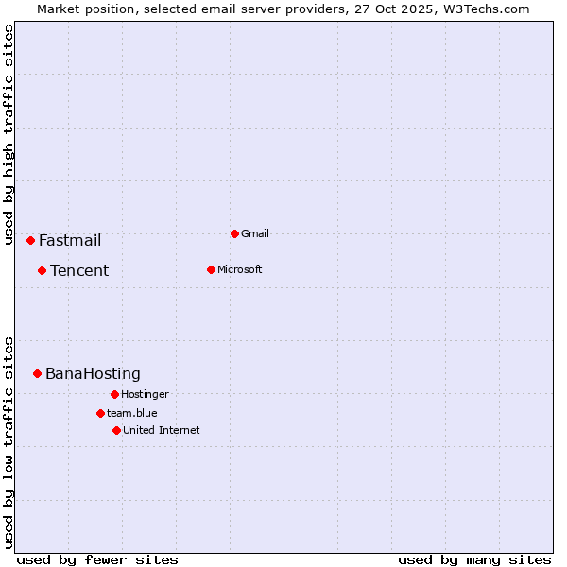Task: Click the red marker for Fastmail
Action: (30, 240)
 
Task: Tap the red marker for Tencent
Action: (42, 270)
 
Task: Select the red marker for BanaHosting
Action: (37, 373)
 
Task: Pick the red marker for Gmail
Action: (234, 233)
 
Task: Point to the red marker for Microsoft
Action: (211, 269)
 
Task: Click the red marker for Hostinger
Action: (114, 394)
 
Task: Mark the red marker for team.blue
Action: (100, 413)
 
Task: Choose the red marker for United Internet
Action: (116, 430)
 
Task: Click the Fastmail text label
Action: (70, 240)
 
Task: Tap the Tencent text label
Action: (79, 270)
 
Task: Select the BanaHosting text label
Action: (93, 373)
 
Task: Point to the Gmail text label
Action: (255, 233)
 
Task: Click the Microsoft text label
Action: (239, 269)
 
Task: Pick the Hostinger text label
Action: (145, 394)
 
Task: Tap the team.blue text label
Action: (131, 413)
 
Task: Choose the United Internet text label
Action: (161, 430)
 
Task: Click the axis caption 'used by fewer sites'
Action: (97, 559)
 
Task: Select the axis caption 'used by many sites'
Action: (474, 559)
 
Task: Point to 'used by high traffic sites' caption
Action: (9, 134)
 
